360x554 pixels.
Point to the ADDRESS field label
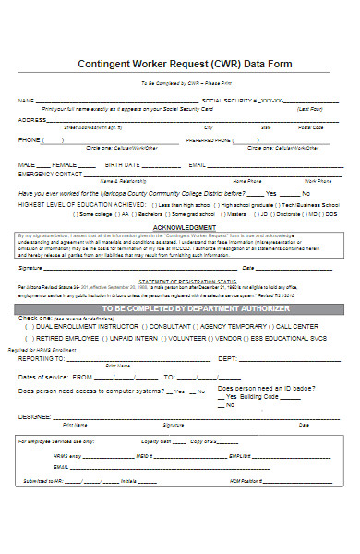click(32, 120)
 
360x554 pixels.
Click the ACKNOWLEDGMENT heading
click(184, 225)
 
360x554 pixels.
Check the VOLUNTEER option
click(191, 338)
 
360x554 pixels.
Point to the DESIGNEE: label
click(35, 415)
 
